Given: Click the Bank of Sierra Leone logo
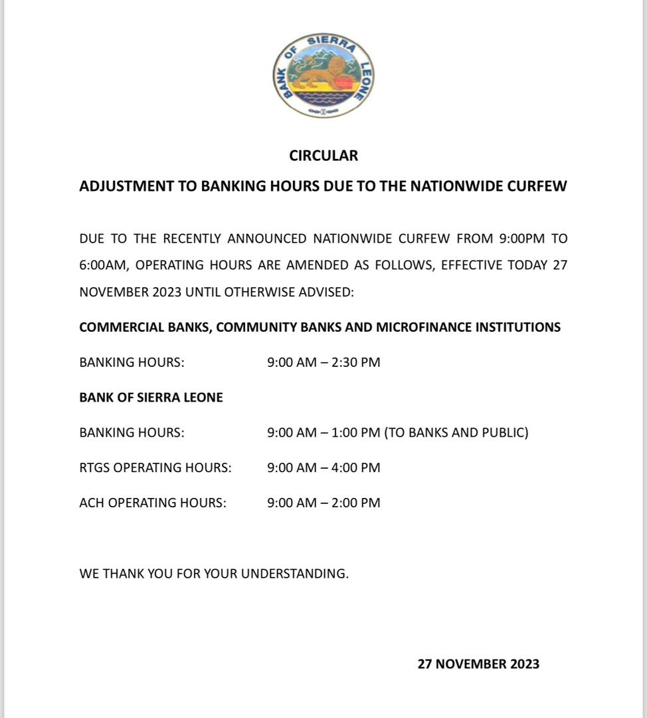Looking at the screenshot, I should (323, 76).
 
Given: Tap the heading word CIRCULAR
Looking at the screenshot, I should (323, 156).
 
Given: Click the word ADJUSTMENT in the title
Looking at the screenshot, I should (126, 186).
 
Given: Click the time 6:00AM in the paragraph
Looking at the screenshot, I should (102, 265).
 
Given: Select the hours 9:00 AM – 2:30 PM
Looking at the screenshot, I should (323, 362).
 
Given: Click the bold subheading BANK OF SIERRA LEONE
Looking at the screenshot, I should (151, 398).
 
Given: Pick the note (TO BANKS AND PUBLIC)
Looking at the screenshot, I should (456, 433).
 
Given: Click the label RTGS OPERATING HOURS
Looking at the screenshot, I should (155, 467).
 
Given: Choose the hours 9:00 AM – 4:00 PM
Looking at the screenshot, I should (323, 467).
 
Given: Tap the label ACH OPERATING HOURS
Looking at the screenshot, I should (153, 503).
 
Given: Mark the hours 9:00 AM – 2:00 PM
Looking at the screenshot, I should (323, 503).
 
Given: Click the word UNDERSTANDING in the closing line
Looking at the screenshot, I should (294, 573).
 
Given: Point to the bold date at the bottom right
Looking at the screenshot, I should (478, 663).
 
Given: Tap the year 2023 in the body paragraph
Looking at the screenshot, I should (163, 292).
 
